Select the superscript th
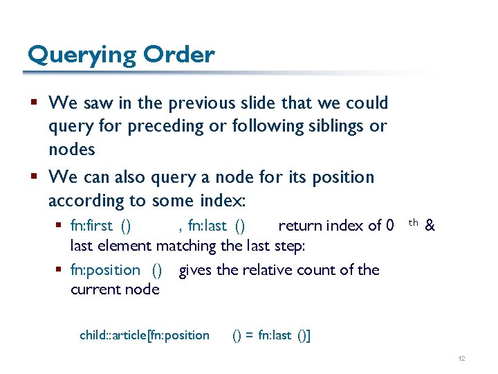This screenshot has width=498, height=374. click(413, 222)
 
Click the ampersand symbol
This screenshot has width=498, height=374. click(430, 226)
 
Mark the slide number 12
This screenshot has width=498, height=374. click(461, 357)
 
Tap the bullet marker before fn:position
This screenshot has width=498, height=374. click(61, 270)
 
